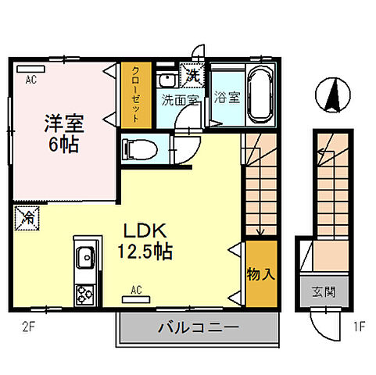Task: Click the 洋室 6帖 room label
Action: pyautogui.click(x=63, y=133)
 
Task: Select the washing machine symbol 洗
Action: pyautogui.click(x=192, y=76)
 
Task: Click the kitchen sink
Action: pyautogui.click(x=84, y=256)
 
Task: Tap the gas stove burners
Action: pyautogui.click(x=84, y=294)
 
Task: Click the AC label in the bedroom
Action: pyautogui.click(x=30, y=80)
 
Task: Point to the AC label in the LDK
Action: pyautogui.click(x=136, y=291)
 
